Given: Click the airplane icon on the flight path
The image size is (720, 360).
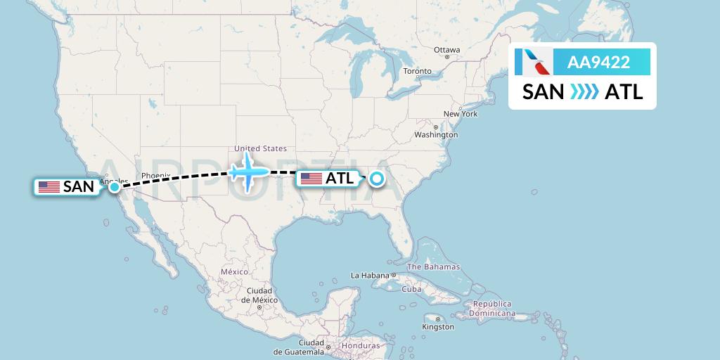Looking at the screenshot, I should [247, 171].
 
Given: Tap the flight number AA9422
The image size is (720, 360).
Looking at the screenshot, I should [598, 63].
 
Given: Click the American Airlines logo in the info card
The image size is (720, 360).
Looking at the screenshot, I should [532, 63].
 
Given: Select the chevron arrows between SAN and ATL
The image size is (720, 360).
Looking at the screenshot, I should [584, 92].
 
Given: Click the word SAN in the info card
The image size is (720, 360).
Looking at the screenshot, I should [543, 92].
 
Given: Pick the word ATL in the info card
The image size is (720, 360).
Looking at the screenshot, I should [624, 92].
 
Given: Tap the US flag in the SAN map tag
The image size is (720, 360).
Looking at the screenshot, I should [49, 187].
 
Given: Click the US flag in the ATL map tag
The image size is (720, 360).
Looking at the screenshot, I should [311, 179].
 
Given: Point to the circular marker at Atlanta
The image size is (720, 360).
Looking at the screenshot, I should [377, 179].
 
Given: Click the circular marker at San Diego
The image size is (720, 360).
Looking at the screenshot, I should [114, 187].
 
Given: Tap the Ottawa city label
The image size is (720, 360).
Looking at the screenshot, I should [446, 50].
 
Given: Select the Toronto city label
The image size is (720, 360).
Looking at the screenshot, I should [417, 72].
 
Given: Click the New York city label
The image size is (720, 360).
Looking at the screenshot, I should [460, 114].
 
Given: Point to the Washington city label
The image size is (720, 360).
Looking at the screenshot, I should [436, 134].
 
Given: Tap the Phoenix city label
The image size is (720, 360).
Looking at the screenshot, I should [155, 175].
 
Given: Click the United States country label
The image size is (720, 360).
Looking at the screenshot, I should [260, 148].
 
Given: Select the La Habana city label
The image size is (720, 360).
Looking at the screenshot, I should [370, 275].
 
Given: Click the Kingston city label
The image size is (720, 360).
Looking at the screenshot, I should [438, 327].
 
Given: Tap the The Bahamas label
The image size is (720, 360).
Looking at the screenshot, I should [433, 266].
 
